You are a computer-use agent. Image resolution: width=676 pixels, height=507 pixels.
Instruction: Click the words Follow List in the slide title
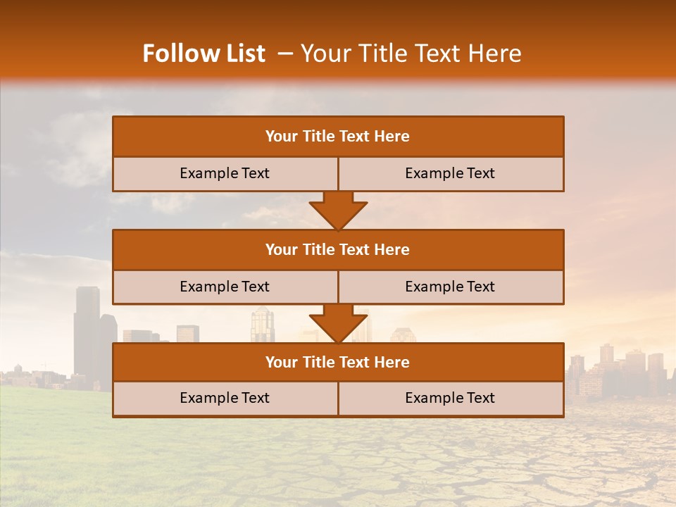tap(204, 54)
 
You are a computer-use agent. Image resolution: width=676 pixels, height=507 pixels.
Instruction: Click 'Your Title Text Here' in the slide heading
tap(411, 54)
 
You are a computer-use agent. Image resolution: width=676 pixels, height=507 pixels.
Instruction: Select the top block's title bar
tap(338, 137)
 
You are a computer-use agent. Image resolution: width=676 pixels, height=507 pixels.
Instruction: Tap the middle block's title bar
tap(338, 250)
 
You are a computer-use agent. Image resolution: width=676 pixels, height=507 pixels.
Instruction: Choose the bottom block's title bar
tap(338, 363)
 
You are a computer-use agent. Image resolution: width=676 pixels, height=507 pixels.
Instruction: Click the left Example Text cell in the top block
tap(225, 174)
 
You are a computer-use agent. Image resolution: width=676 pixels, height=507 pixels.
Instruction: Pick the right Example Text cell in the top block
tap(450, 174)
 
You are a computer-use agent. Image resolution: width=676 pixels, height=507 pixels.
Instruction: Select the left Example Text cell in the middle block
tap(225, 287)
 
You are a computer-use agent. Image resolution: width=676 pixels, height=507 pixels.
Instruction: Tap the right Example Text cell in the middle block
tap(450, 287)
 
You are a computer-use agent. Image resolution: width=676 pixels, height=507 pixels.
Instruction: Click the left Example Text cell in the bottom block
tap(225, 399)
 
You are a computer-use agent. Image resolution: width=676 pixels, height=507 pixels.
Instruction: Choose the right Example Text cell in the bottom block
tap(450, 399)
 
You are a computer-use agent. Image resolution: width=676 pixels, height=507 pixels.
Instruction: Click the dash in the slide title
tap(285, 54)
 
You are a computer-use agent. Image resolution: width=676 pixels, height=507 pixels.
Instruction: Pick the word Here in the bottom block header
tap(392, 363)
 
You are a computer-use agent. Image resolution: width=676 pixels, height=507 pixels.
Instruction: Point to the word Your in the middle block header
tap(282, 250)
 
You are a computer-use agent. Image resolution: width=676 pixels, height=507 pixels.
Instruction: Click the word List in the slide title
tap(244, 54)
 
